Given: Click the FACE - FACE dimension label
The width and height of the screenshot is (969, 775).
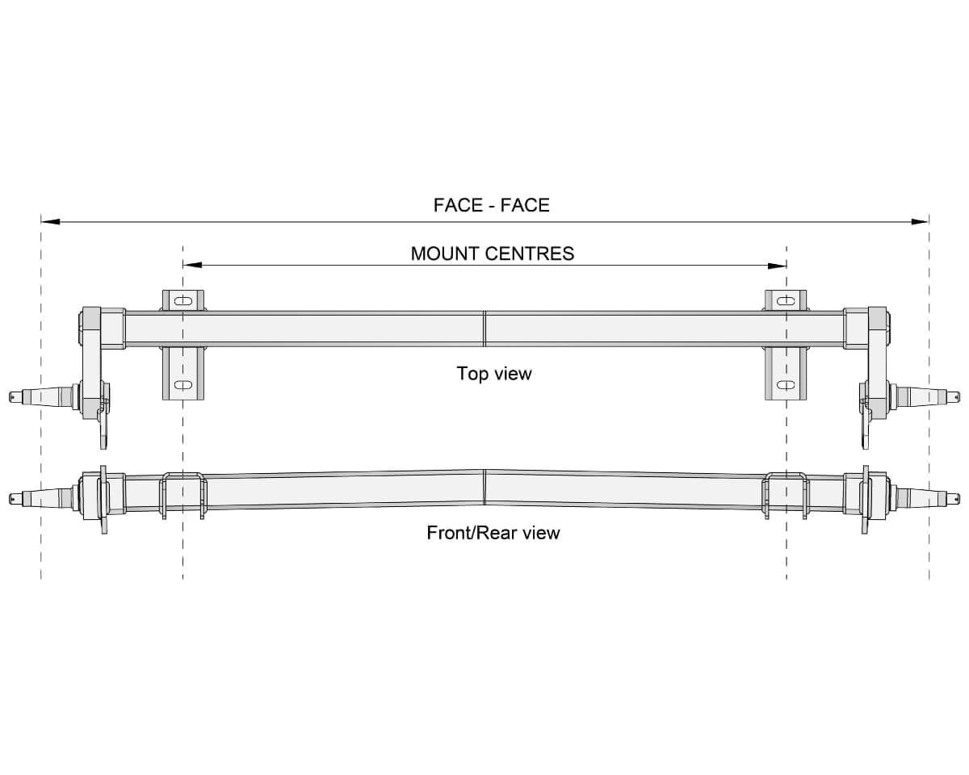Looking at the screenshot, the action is (491, 205).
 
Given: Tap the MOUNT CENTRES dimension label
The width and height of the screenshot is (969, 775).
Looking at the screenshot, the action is (493, 253).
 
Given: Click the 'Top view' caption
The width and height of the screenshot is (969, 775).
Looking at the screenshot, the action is (494, 374).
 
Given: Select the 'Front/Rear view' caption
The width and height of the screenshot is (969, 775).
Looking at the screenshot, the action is (493, 533).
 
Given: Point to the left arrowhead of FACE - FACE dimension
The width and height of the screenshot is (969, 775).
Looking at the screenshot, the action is (50, 221).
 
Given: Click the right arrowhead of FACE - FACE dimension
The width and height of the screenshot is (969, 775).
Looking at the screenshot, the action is (920, 221).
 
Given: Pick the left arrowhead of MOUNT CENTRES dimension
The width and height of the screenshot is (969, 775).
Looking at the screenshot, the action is (192, 266).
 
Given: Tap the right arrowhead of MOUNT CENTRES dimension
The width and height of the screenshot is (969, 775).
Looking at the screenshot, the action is (777, 266).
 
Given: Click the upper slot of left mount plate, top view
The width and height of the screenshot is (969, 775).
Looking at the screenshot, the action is (183, 301).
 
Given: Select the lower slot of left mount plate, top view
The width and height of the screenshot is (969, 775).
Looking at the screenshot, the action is (183, 385).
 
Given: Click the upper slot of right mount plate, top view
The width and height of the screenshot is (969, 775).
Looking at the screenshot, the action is (787, 300).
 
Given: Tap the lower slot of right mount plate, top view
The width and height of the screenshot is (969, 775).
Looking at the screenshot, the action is (787, 385).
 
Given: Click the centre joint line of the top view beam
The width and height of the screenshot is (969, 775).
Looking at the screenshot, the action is (484, 329).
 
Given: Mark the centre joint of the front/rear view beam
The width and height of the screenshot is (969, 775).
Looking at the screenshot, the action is (484, 488).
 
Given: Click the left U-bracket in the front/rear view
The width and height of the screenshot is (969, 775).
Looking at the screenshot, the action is (183, 496).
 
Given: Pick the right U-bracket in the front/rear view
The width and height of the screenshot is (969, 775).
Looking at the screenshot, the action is (786, 496).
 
